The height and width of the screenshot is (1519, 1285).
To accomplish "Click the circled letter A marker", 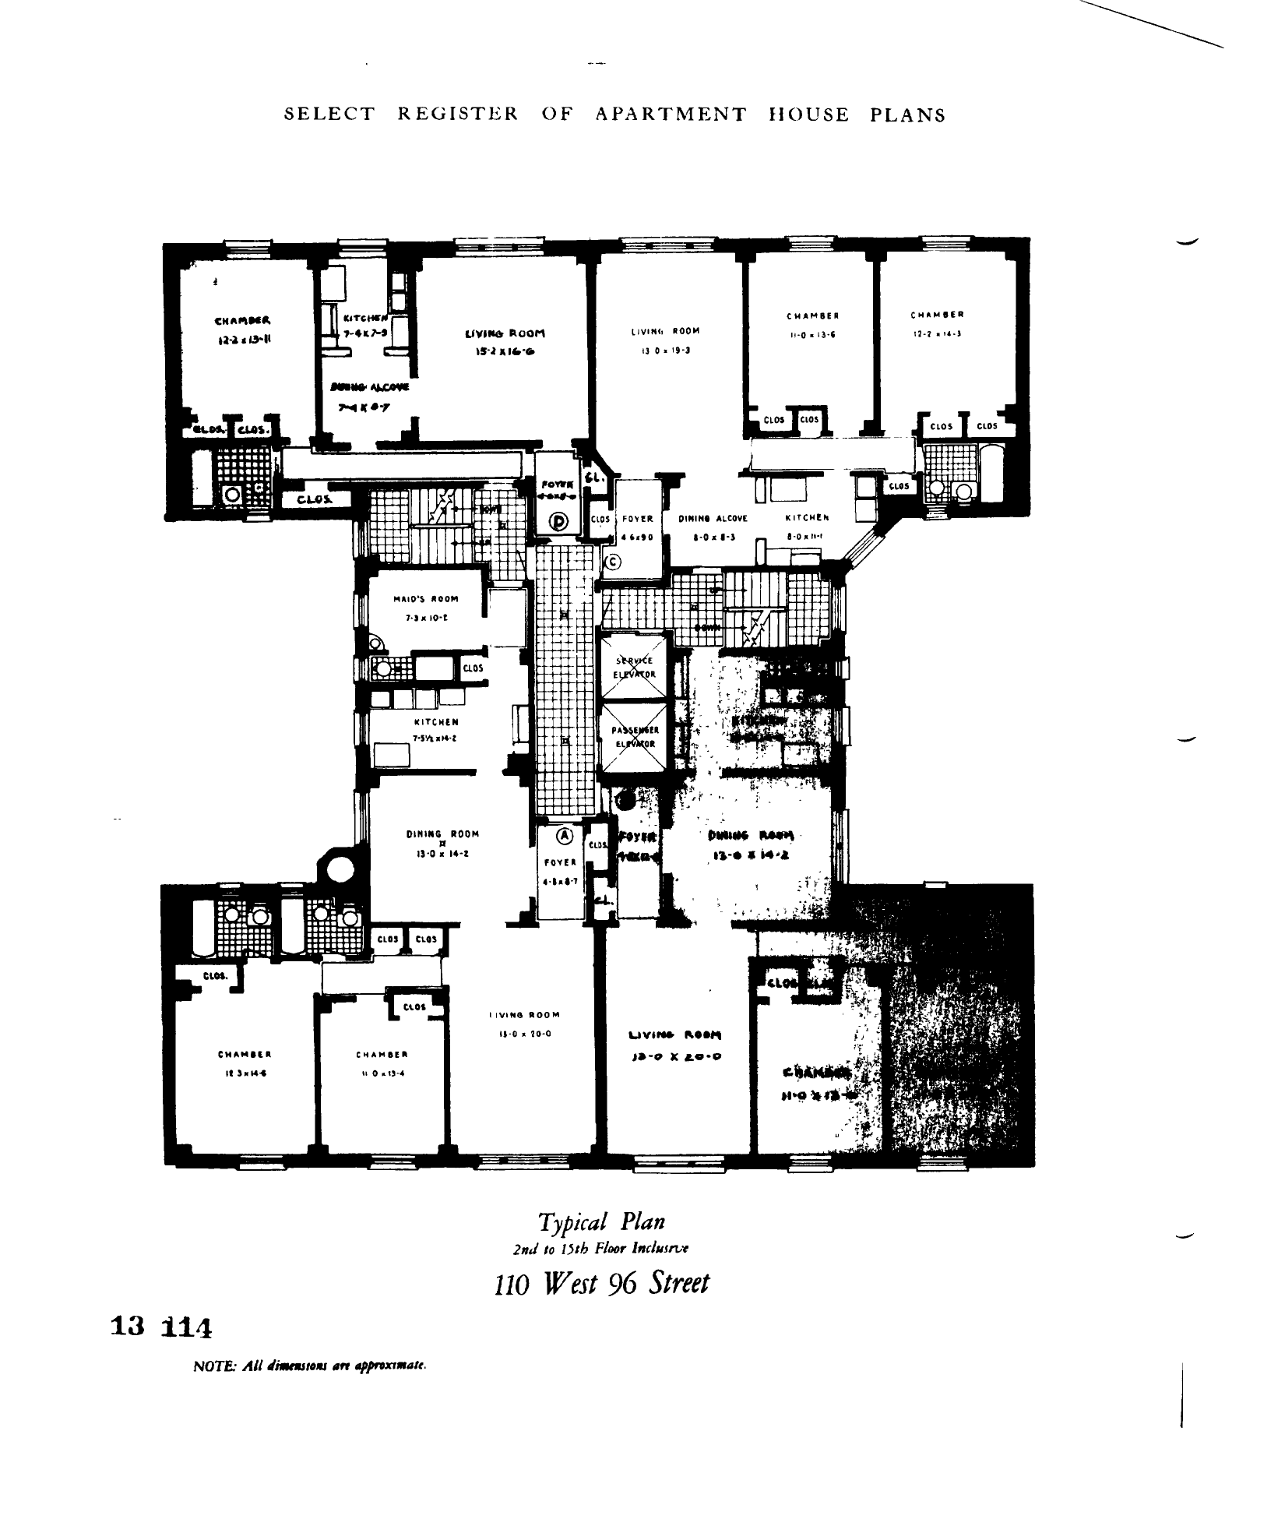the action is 565,835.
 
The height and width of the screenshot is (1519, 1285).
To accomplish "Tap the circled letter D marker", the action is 559,521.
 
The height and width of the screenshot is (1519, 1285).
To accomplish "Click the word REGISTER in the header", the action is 457,115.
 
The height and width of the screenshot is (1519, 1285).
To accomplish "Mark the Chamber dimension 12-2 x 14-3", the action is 937,333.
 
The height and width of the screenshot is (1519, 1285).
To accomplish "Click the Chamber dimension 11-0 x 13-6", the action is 812,334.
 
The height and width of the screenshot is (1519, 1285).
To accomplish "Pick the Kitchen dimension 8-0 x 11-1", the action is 806,537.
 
